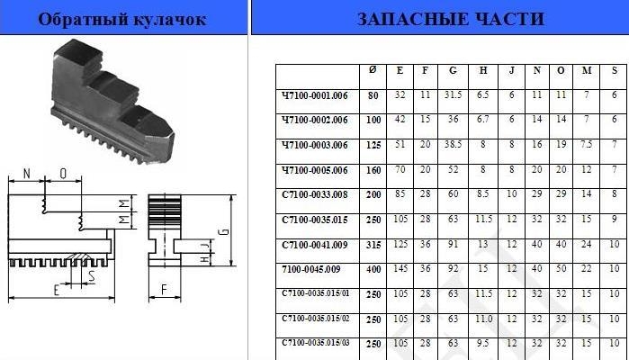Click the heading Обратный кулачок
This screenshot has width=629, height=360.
[122, 19]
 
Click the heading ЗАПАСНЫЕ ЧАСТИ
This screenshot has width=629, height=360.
[451, 19]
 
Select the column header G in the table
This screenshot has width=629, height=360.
[453, 70]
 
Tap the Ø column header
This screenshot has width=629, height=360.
[373, 70]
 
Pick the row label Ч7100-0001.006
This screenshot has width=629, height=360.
[315, 95]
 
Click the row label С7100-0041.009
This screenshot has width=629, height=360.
[315, 245]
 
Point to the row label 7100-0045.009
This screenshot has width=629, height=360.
[310, 269]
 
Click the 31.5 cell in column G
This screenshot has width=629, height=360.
[453, 94]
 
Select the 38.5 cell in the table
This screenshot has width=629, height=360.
[453, 145]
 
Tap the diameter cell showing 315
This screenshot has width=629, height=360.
[373, 245]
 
